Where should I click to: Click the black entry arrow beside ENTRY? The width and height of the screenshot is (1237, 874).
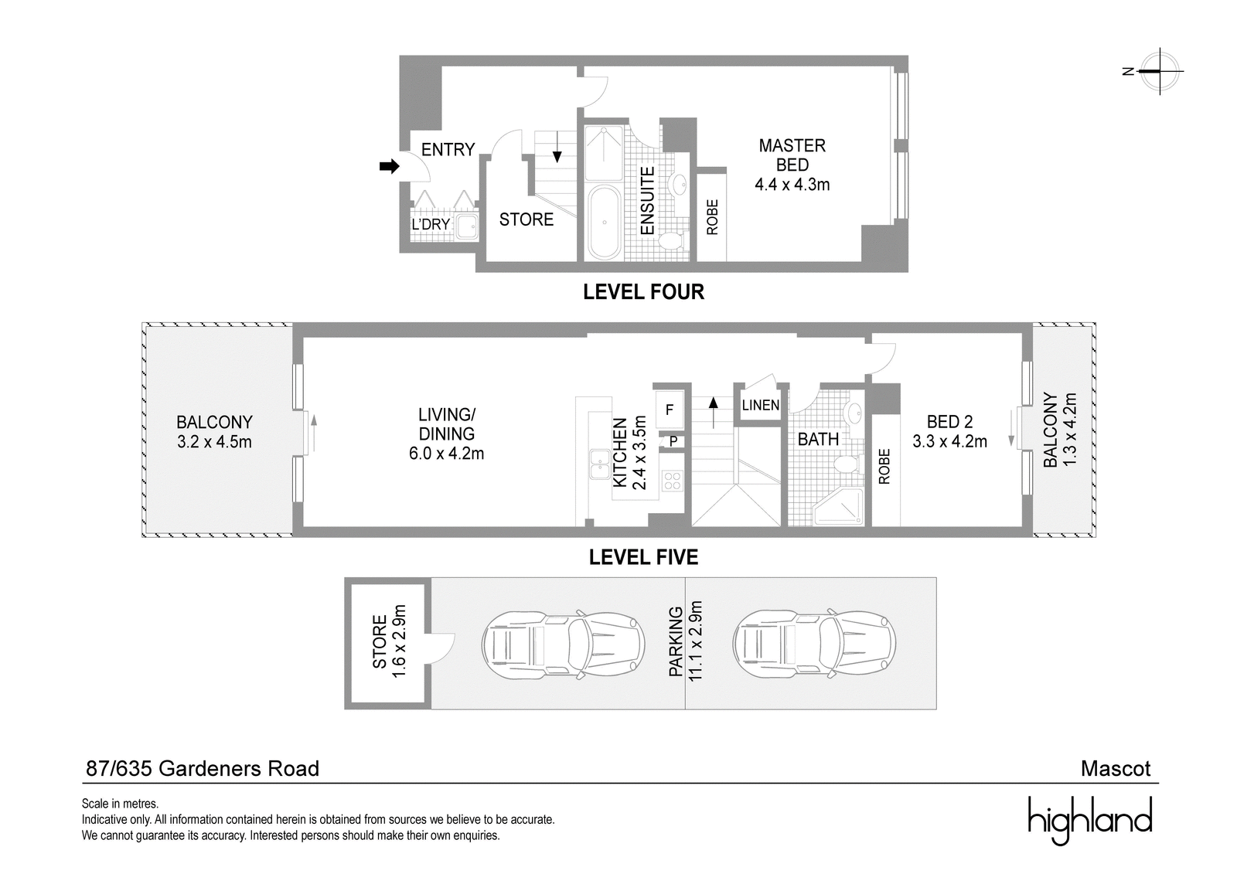click(x=390, y=166)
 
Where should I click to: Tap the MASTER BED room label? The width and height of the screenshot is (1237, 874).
click(x=792, y=155)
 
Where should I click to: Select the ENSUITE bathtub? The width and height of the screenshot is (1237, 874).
click(x=604, y=223)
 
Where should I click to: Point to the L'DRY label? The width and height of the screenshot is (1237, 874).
click(x=431, y=224)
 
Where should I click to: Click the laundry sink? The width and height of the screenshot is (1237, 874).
click(x=468, y=226)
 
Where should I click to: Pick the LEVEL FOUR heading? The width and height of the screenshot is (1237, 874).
click(x=643, y=291)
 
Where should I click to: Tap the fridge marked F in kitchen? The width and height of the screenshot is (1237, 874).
click(x=670, y=409)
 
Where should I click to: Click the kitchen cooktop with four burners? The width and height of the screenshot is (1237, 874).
click(x=672, y=481)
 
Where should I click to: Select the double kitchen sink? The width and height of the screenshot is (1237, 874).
click(x=599, y=464)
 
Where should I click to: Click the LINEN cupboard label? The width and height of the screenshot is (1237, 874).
click(x=761, y=405)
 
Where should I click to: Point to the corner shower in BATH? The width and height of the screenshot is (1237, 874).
click(x=839, y=507)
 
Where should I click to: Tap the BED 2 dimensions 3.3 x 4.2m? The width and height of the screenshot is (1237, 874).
click(x=949, y=442)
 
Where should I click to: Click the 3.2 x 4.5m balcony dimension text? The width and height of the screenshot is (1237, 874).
click(x=214, y=442)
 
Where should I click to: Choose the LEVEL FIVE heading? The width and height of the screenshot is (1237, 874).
click(x=643, y=557)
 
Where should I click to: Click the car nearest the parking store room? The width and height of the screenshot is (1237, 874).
click(x=564, y=644)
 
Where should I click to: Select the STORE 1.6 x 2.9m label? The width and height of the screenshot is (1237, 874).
click(x=388, y=641)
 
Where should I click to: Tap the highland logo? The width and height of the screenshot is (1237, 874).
click(x=1090, y=819)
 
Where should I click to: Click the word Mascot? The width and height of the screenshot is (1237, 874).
click(x=1116, y=769)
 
